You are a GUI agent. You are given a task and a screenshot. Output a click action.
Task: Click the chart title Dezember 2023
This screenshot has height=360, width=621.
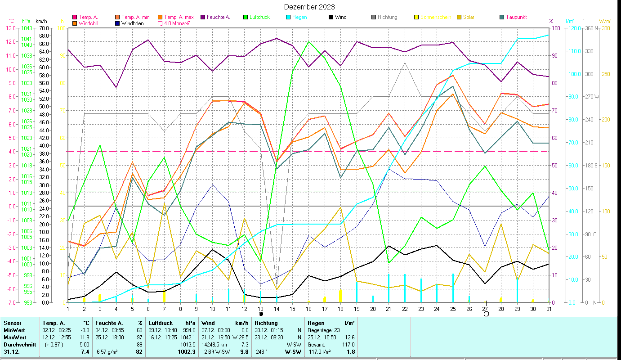click(x=309, y=7)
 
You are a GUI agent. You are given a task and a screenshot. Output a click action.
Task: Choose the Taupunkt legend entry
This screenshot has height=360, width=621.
click(x=516, y=17)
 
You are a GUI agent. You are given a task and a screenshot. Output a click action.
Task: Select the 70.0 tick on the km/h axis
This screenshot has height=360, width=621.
click(x=44, y=28)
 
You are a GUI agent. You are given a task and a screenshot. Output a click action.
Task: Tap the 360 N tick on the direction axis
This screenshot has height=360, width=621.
click(x=591, y=28)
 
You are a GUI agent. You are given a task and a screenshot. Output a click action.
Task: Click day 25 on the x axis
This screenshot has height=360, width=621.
click(x=452, y=309)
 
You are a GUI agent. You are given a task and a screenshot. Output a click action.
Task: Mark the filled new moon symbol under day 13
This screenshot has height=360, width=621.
click(x=261, y=314)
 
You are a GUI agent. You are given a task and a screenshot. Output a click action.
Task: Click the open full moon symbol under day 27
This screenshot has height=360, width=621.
click(x=486, y=314)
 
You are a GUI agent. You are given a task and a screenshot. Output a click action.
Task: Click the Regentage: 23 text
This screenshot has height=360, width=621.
click(x=324, y=330)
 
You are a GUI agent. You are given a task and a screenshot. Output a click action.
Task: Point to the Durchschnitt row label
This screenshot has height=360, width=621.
click(x=19, y=344)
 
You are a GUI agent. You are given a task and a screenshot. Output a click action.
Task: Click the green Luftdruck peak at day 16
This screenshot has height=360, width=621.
click(x=309, y=41)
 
